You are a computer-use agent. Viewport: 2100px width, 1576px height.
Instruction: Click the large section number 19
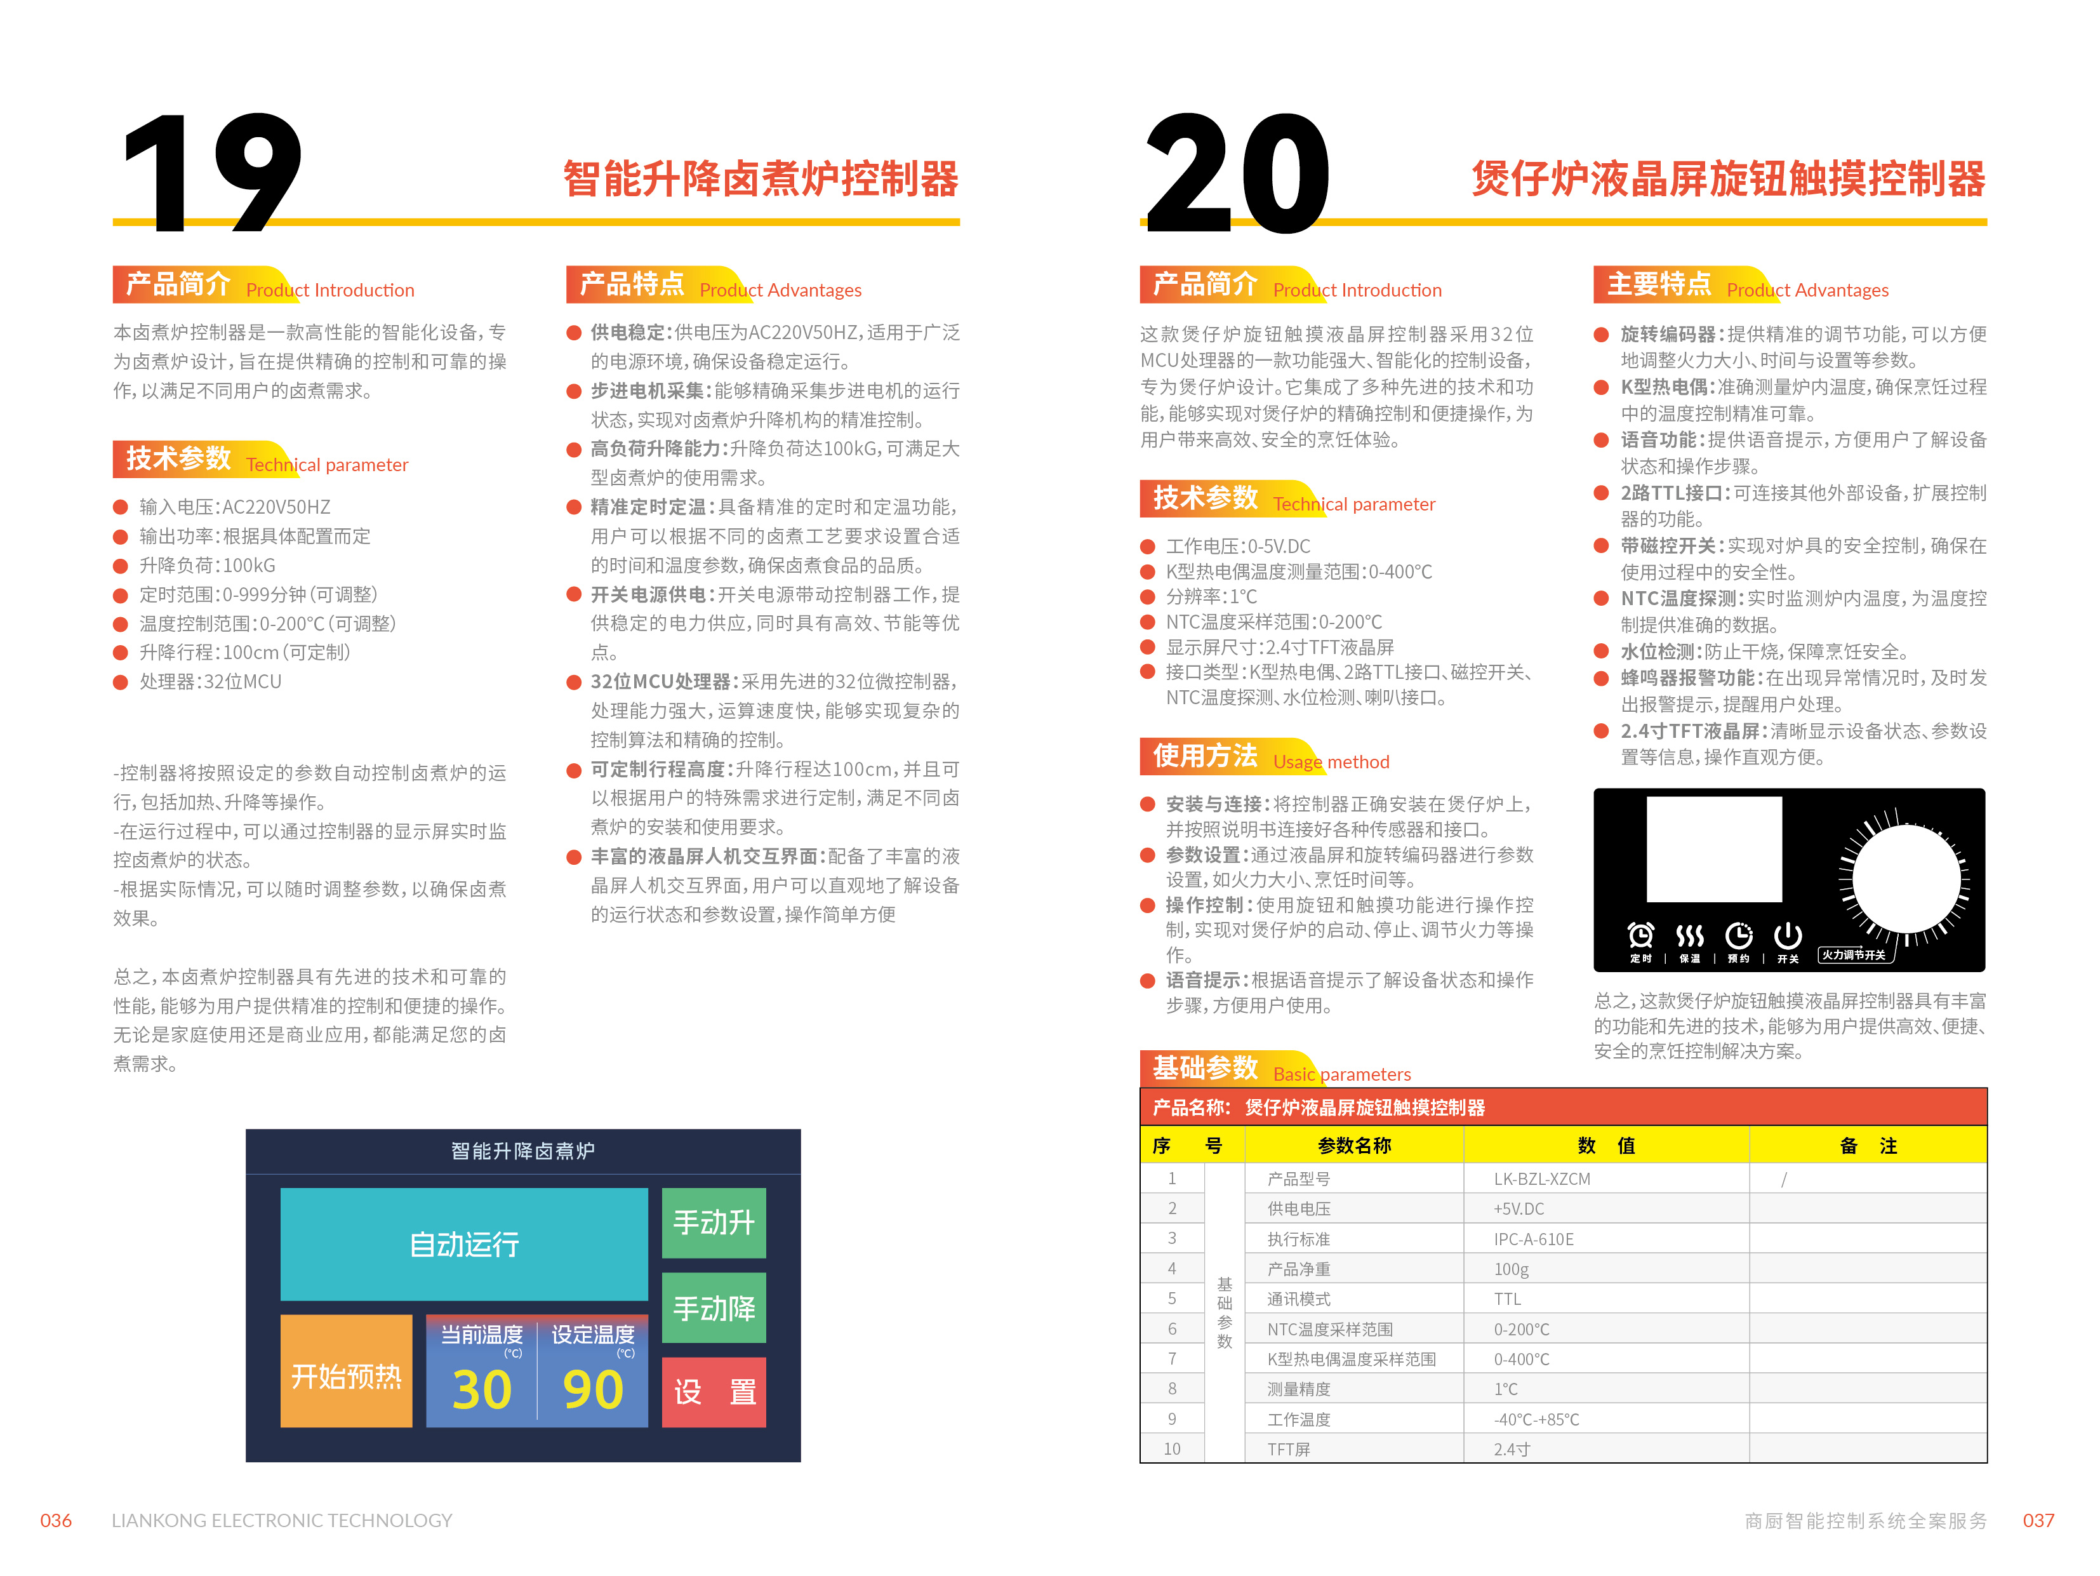[x=211, y=172]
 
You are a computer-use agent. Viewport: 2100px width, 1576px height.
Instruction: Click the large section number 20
[x=1237, y=172]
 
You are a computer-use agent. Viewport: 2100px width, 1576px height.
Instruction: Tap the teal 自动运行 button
[x=463, y=1244]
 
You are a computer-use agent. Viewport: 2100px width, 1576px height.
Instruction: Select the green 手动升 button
[x=714, y=1222]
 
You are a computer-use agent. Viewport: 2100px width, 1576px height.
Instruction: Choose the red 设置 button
[x=714, y=1392]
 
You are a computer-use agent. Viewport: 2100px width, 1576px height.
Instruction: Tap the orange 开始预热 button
[x=347, y=1371]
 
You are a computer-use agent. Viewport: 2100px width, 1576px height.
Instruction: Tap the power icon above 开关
[x=1788, y=935]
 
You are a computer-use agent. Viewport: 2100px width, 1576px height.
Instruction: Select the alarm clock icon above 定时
[x=1640, y=935]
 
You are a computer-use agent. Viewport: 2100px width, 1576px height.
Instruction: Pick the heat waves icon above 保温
[x=1690, y=936]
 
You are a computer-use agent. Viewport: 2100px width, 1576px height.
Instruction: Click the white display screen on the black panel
[x=1713, y=849]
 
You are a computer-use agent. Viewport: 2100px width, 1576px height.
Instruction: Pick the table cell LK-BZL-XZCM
[x=1542, y=1179]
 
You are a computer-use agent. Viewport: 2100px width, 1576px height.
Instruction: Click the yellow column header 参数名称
[x=1354, y=1145]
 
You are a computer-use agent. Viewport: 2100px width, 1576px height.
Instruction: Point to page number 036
[x=56, y=1520]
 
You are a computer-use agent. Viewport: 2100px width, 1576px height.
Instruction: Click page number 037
[x=2038, y=1520]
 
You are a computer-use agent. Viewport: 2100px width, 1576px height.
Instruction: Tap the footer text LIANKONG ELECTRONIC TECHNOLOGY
[x=282, y=1520]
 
